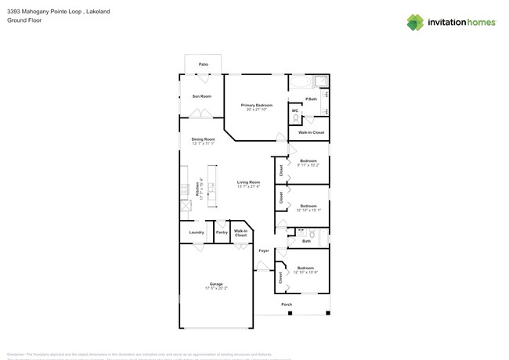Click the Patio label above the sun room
pos(203,64)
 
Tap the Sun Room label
pos(201,96)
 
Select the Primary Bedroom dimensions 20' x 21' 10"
pos(256,110)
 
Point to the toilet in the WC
pos(295,118)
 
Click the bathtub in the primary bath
pos(301,81)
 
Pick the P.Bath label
pos(311,99)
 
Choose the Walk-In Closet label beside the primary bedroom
pos(311,132)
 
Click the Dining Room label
pos(203,139)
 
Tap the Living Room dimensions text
pos(248,186)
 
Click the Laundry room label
pos(197,232)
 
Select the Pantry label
pos(222,232)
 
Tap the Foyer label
pos(264,251)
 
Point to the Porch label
pos(287,304)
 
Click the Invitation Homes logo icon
pos(415,23)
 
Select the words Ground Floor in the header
pos(24,20)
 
